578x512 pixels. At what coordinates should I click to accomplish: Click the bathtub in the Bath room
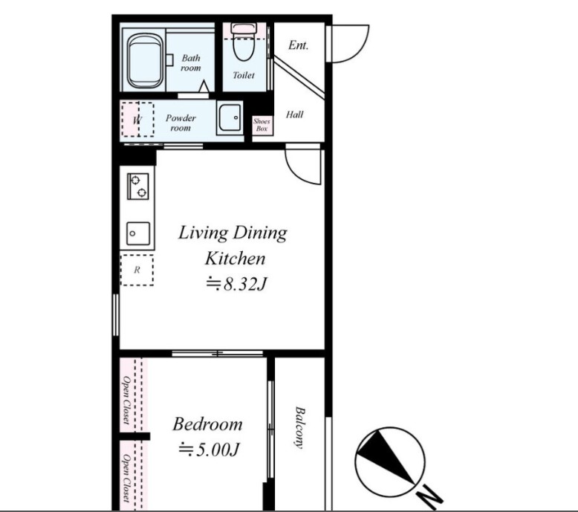pos(146,62)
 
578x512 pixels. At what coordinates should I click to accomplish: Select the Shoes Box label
pos(262,125)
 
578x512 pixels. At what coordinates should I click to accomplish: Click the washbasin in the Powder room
pos(230,117)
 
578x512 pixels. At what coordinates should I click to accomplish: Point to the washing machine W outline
pos(137,120)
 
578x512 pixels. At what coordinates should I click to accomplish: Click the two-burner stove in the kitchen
pos(138,187)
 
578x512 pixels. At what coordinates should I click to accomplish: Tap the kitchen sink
pos(139,233)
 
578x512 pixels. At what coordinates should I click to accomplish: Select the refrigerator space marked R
pos(137,270)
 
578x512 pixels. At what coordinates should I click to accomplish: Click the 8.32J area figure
pos(236,284)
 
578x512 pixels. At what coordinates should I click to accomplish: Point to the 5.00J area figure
pos(209,450)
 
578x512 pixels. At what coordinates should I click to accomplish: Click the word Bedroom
pos(207,424)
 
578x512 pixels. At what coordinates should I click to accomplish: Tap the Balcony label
pos(299,427)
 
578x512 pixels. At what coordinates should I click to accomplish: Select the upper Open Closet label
pos(126,400)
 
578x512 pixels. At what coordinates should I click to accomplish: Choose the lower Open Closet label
pos(126,479)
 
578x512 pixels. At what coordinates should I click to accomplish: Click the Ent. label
pos(298,45)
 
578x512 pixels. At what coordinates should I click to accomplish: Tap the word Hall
pos(294,114)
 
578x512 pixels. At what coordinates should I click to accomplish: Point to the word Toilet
pos(244,75)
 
